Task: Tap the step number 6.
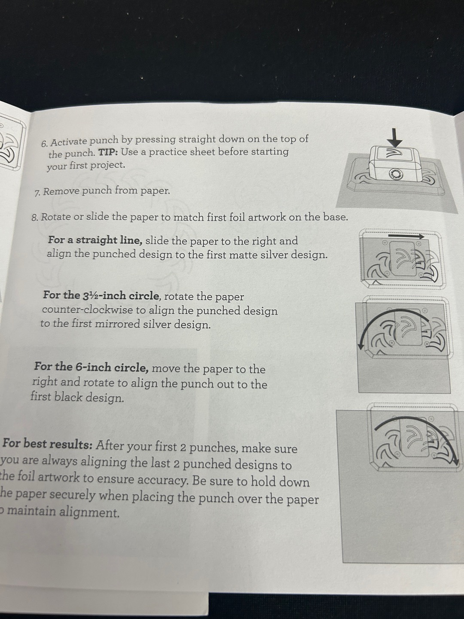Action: coord(45,144)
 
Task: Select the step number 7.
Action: coord(37,193)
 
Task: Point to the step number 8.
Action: coord(35,218)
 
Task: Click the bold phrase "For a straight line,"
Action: coord(95,240)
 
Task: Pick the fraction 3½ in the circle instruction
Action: coord(90,296)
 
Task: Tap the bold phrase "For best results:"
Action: coord(48,444)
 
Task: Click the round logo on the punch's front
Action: coord(396,175)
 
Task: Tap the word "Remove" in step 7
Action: coord(60,192)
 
